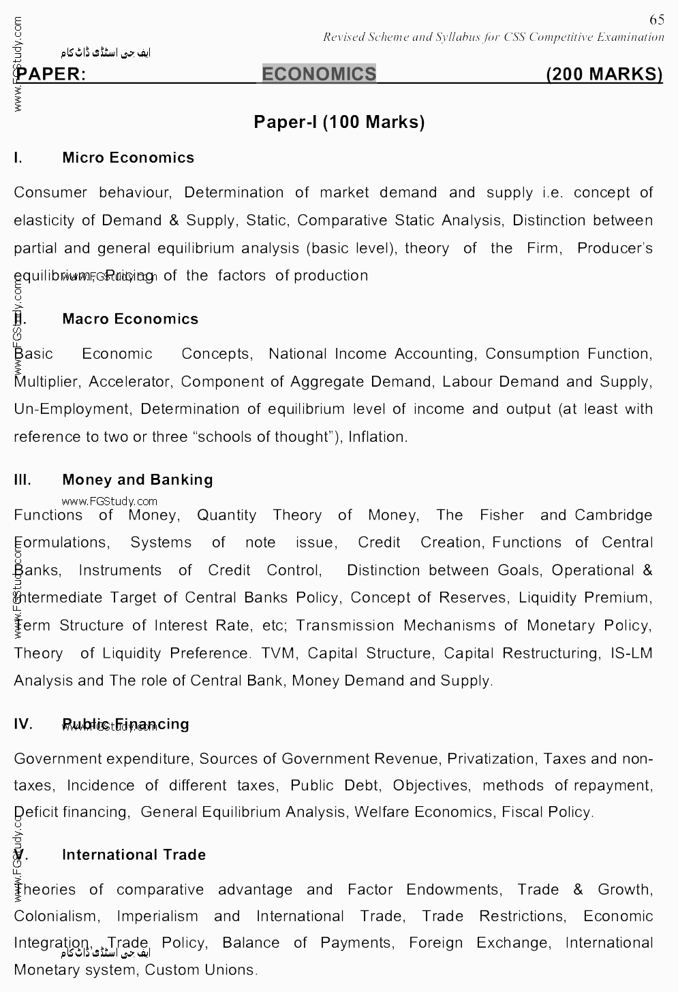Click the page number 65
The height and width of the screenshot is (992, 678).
pyautogui.click(x=656, y=20)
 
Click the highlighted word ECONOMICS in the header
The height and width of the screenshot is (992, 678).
pyautogui.click(x=319, y=74)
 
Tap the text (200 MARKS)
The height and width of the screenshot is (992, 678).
pyautogui.click(x=604, y=74)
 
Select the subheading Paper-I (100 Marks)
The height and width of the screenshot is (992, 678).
pyautogui.click(x=339, y=122)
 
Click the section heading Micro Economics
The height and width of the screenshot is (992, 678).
pyautogui.click(x=128, y=158)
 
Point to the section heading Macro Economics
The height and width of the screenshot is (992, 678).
pyautogui.click(x=130, y=319)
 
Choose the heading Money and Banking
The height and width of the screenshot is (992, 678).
pyautogui.click(x=138, y=480)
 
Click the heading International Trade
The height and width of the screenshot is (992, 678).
pyautogui.click(x=134, y=855)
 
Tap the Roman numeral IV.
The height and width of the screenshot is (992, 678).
pyautogui.click(x=23, y=724)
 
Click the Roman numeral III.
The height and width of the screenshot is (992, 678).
pyautogui.click(x=22, y=480)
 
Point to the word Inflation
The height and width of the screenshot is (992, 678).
pyautogui.click(x=377, y=437)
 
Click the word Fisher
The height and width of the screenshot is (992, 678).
pyautogui.click(x=502, y=515)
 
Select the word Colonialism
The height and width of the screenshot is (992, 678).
pyautogui.click(x=56, y=916)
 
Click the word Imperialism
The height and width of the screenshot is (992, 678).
pyautogui.click(x=157, y=916)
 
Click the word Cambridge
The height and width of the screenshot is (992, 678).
pyautogui.click(x=613, y=515)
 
